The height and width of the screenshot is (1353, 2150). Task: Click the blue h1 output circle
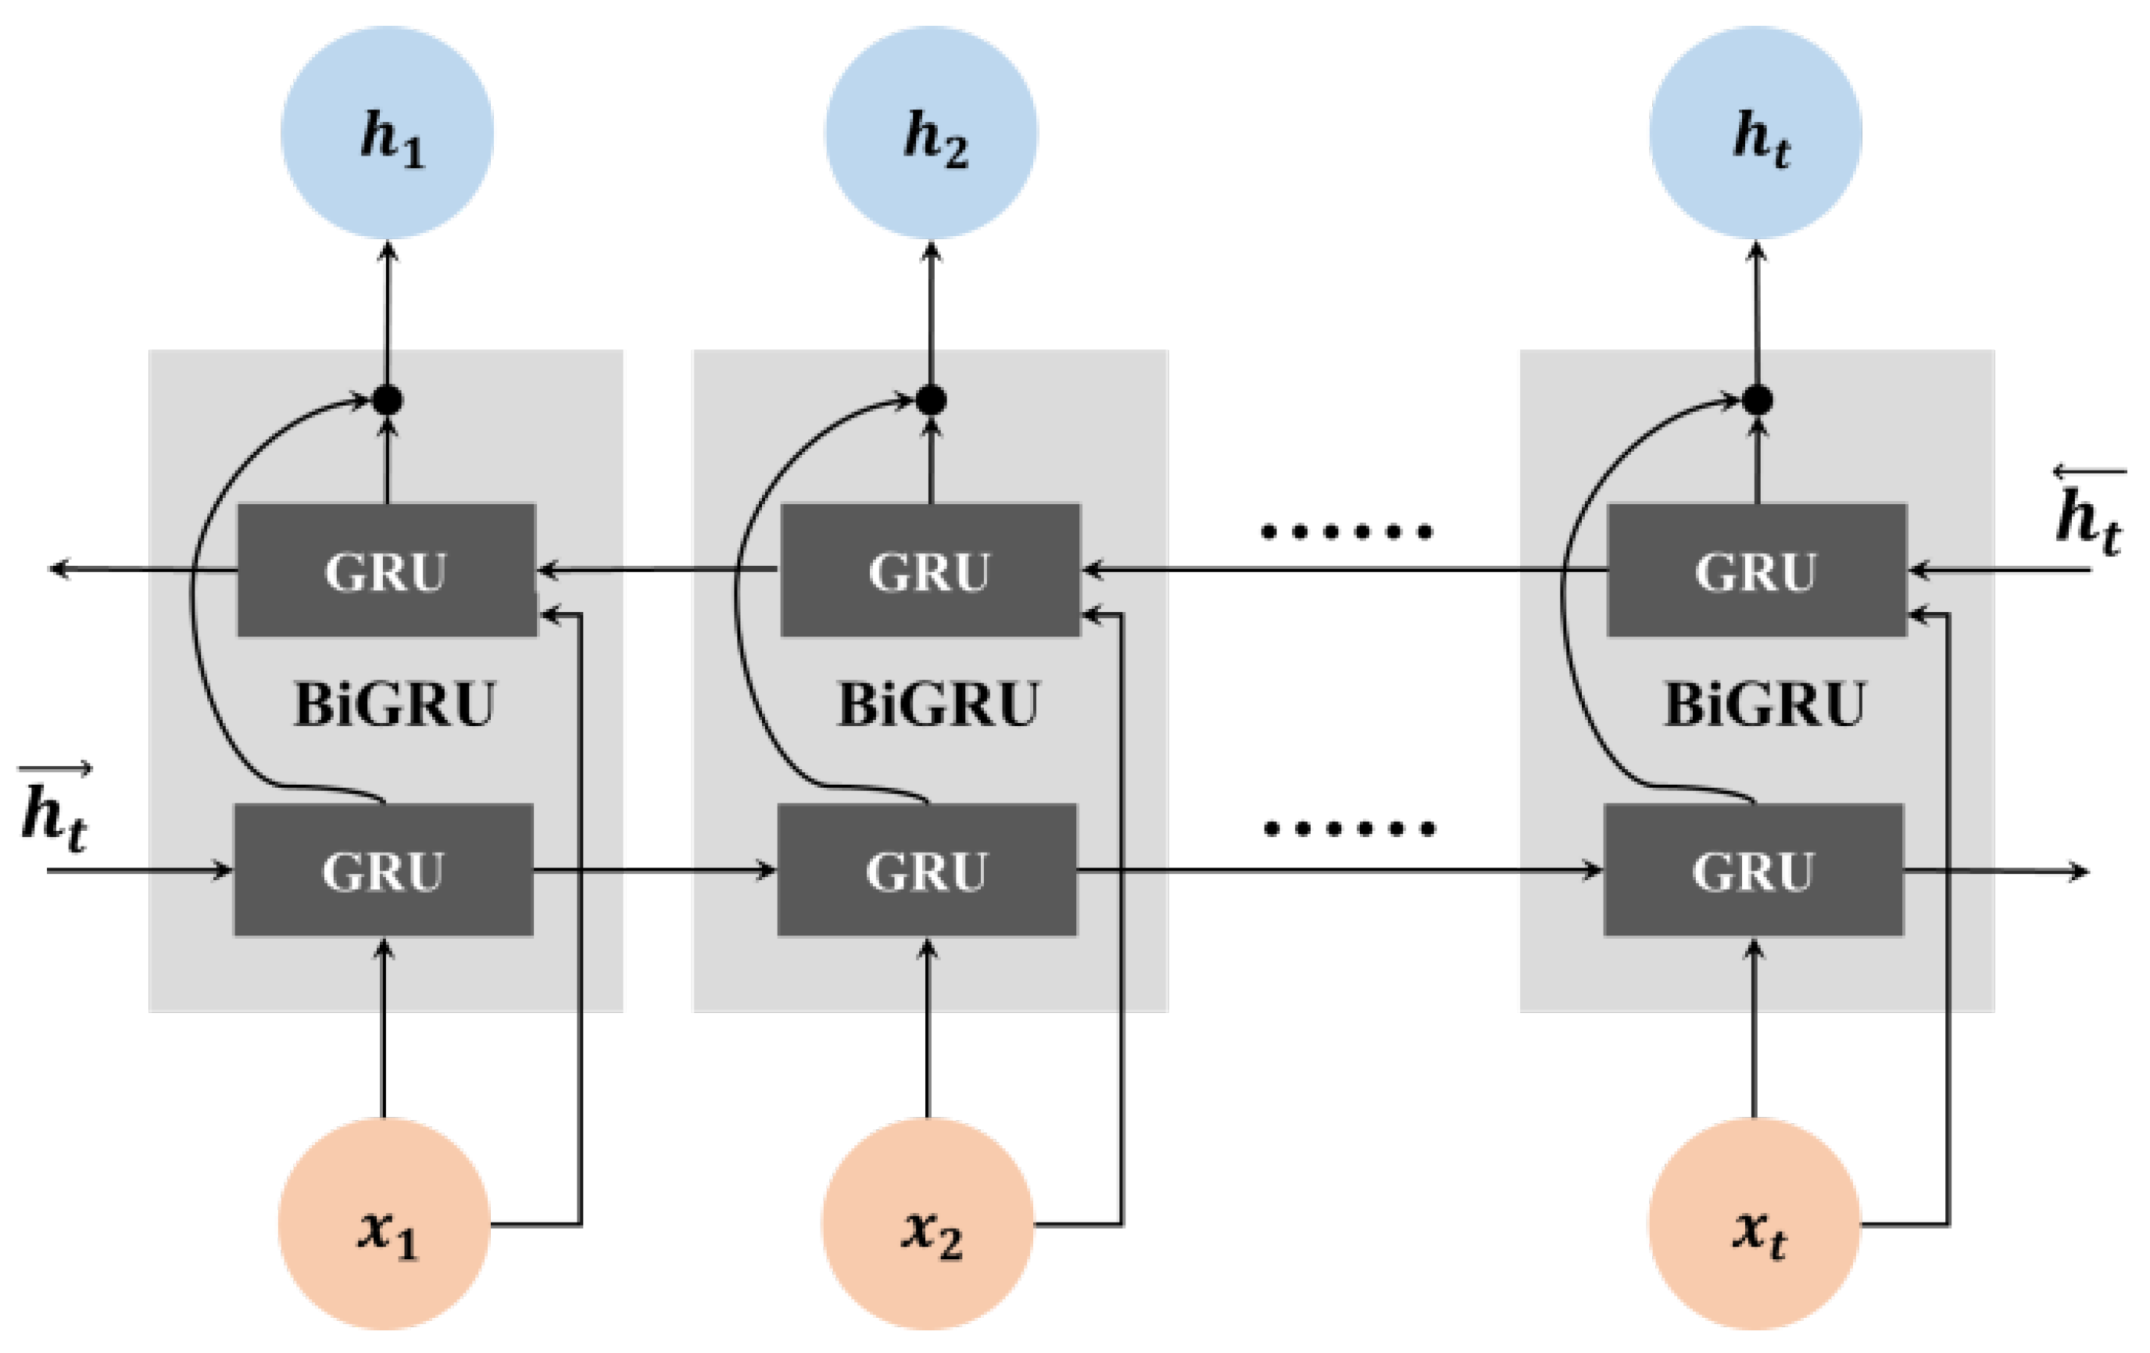coord(387,132)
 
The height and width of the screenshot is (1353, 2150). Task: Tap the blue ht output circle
coord(1755,132)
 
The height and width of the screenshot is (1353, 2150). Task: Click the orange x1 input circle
coord(384,1223)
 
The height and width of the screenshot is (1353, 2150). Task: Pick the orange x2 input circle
coord(928,1223)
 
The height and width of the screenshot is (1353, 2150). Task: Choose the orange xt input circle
coord(1754,1223)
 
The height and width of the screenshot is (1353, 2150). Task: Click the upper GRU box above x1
coord(387,570)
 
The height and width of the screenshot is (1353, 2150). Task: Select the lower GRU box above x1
coord(384,870)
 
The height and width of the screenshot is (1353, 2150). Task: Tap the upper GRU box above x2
coord(930,570)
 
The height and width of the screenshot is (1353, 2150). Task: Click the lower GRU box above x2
coord(927,870)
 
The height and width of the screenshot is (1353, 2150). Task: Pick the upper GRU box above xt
coord(1756,570)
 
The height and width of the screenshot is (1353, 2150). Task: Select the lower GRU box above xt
coord(1754,870)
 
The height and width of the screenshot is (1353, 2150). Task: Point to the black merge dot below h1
coord(387,400)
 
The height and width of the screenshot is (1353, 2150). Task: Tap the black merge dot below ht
coord(1757,400)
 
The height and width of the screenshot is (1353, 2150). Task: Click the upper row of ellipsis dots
coord(1347,532)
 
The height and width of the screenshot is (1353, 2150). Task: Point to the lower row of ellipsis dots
coord(1350,829)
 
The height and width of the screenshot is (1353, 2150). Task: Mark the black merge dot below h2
coord(932,400)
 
